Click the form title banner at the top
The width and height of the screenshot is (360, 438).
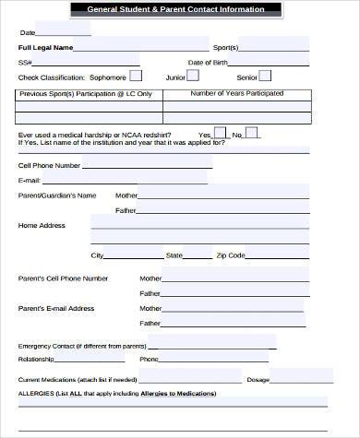coord(180,9)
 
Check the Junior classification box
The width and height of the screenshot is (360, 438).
coord(196,76)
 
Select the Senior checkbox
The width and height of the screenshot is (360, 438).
coord(266,76)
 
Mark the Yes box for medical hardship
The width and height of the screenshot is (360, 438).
coord(219,133)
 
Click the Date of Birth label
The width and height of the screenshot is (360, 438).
coord(207,62)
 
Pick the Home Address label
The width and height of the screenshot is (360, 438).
coord(42,225)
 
